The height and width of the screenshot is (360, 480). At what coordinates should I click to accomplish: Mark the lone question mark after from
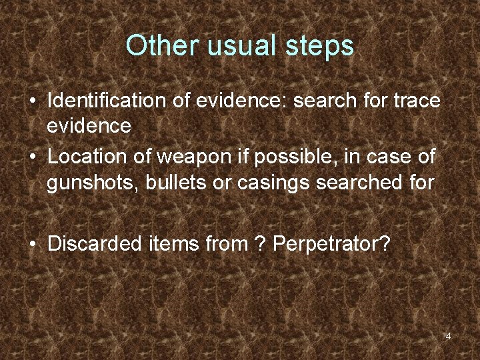click(259, 243)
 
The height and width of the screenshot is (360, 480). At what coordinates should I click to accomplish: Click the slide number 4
click(448, 336)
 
